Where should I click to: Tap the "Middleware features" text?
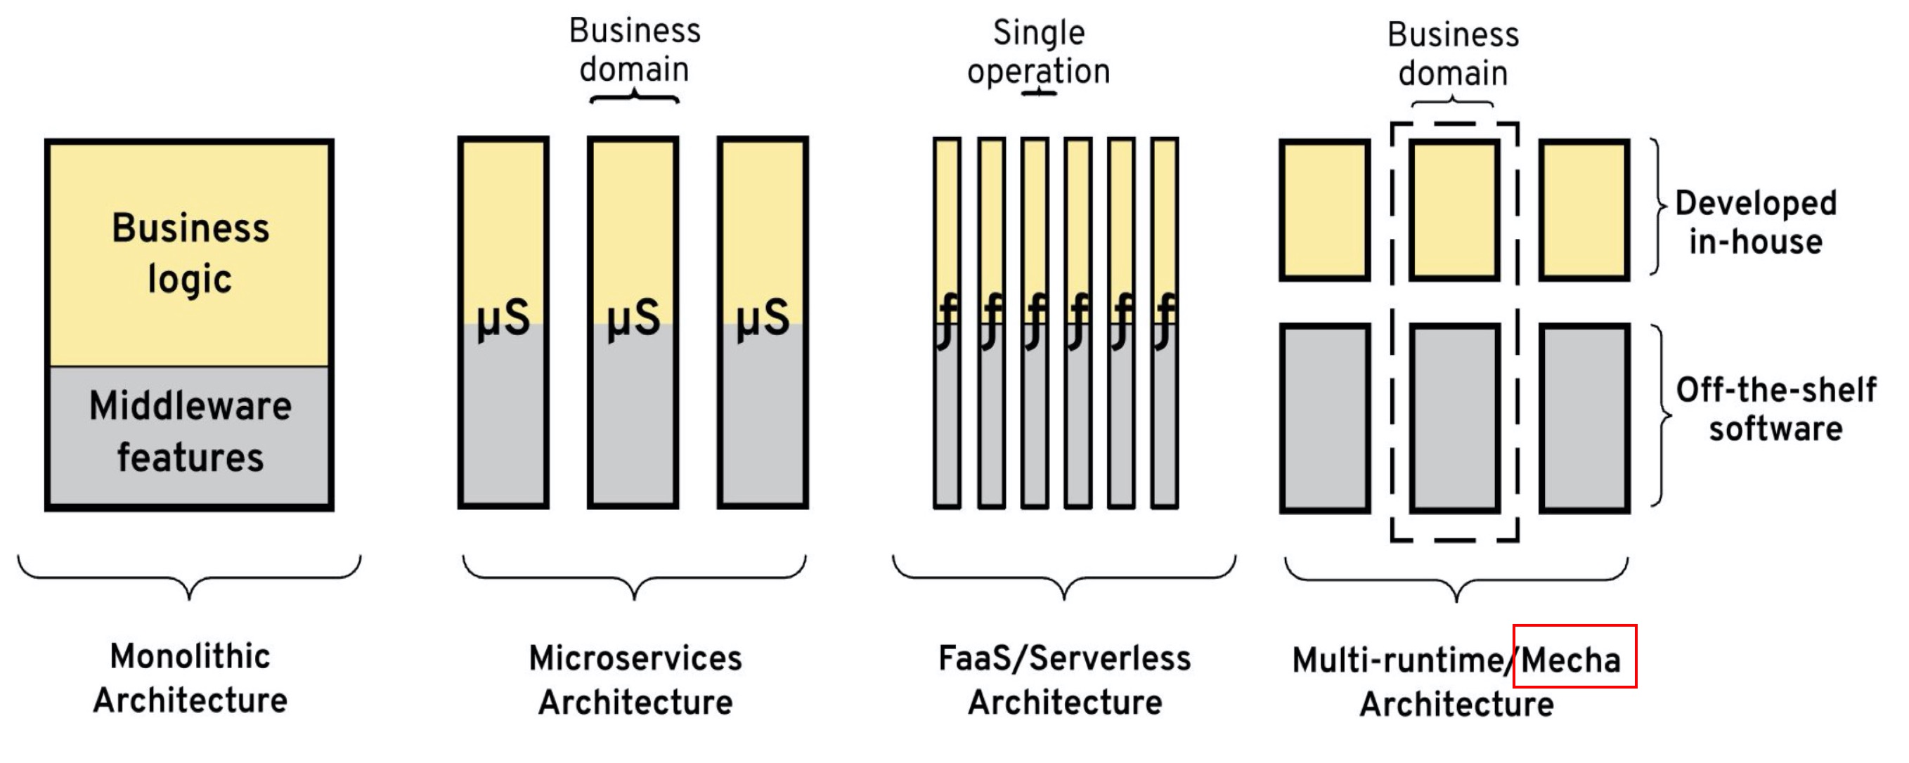coord(190,431)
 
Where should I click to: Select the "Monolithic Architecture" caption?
coord(190,678)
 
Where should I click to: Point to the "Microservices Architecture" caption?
coord(635,680)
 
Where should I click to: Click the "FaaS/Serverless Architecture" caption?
coord(1064,680)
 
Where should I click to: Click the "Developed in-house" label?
coord(1755,222)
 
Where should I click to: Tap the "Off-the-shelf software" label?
coord(1775,409)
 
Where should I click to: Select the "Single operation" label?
coord(1038,52)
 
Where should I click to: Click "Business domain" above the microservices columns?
coord(635,50)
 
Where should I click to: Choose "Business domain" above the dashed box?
coord(1453,53)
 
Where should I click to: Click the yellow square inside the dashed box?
coord(1454,210)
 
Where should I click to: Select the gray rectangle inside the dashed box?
coord(1455,418)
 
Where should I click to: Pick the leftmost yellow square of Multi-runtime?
coord(1324,210)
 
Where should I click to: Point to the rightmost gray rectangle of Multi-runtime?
coord(1584,418)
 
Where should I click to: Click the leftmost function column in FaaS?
coord(947,323)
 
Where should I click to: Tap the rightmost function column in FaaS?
coord(1164,323)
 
